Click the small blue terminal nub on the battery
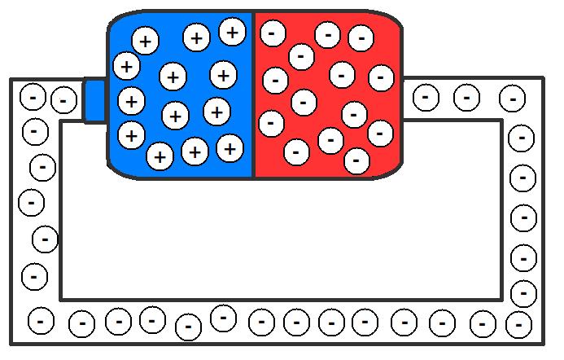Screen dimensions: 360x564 tap(95, 100)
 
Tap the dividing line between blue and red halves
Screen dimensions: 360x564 tap(254, 94)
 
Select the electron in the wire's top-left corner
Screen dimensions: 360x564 tap(33, 98)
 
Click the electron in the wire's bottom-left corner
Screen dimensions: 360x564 tap(41, 318)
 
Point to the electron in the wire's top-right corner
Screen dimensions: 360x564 tap(512, 99)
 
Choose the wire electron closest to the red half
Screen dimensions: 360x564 tap(425, 98)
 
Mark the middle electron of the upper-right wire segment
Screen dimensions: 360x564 tap(466, 98)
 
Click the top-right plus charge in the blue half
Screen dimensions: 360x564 tap(232, 32)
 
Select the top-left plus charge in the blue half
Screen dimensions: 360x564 tap(145, 40)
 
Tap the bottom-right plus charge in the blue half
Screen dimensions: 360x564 tap(230, 148)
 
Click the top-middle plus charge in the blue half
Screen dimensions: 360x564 tap(196, 37)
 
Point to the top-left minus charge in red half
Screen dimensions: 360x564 tap(272, 33)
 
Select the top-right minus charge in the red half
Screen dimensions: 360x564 tap(361, 38)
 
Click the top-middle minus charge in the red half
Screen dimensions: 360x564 tap(327, 34)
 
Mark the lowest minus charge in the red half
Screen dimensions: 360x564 tap(356, 161)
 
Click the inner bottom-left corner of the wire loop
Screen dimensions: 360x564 tap(61, 297)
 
